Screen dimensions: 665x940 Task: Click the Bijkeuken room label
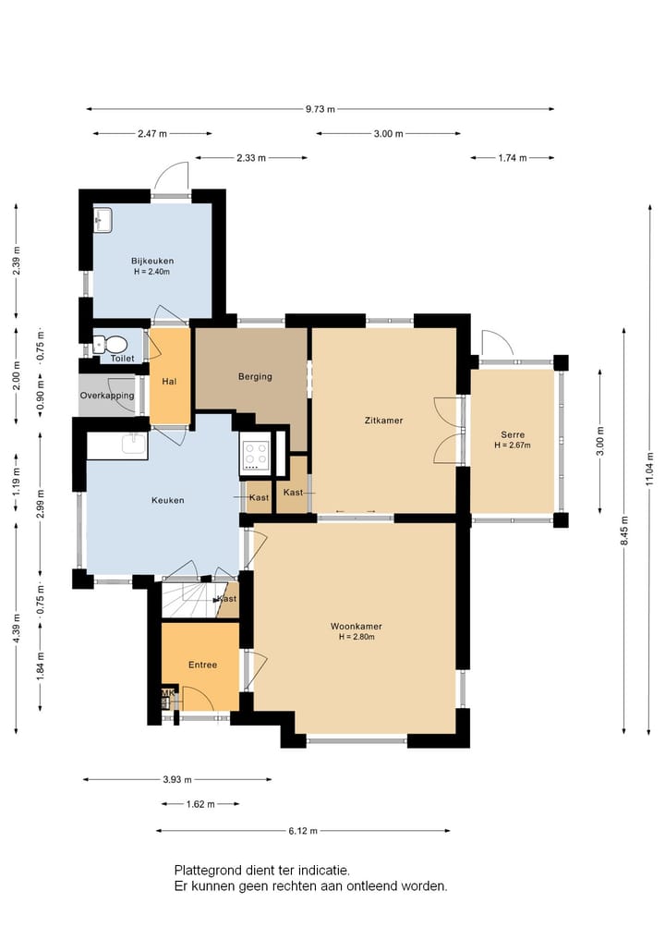152,261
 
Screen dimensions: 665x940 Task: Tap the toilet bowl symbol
111,344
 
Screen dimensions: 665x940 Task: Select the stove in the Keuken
257,456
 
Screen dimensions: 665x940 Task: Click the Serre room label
513,434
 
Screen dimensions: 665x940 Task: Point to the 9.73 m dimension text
320,109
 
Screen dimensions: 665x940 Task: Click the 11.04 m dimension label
650,470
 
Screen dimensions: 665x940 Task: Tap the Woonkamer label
357,627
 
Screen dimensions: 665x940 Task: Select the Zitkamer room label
383,421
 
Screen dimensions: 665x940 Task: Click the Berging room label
255,376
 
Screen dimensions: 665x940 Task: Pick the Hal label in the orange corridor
169,382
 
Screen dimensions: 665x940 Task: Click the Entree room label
202,665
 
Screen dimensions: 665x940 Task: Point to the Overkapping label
107,396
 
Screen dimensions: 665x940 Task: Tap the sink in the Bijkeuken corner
103,219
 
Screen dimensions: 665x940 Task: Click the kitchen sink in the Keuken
134,445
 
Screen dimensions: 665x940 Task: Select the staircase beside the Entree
189,600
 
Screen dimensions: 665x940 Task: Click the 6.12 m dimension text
303,831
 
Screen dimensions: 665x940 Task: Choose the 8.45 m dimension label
625,531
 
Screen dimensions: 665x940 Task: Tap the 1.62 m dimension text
200,804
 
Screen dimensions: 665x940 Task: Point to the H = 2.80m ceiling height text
357,637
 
